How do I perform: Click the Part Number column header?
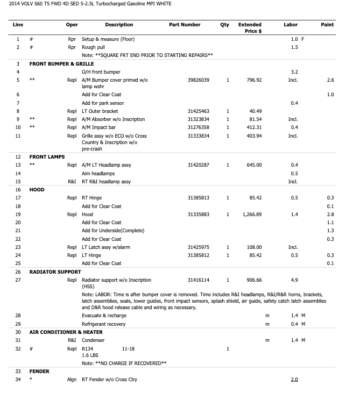(x=185, y=25)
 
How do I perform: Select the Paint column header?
(x=327, y=25)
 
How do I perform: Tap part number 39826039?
(x=199, y=80)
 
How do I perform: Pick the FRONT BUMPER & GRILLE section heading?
(x=61, y=64)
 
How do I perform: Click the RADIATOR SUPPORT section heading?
(x=55, y=271)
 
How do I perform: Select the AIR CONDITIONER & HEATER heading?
(x=66, y=332)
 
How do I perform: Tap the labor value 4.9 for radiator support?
(x=294, y=280)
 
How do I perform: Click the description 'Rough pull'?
(x=93, y=47)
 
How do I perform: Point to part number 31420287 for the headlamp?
(x=199, y=165)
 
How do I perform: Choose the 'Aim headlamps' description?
(x=98, y=174)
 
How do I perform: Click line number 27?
(x=18, y=280)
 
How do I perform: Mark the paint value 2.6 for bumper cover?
(x=330, y=80)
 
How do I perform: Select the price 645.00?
(x=254, y=165)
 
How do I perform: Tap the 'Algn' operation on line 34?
(x=72, y=380)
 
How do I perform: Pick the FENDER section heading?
(x=39, y=371)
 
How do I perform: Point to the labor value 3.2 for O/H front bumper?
(x=294, y=72)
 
